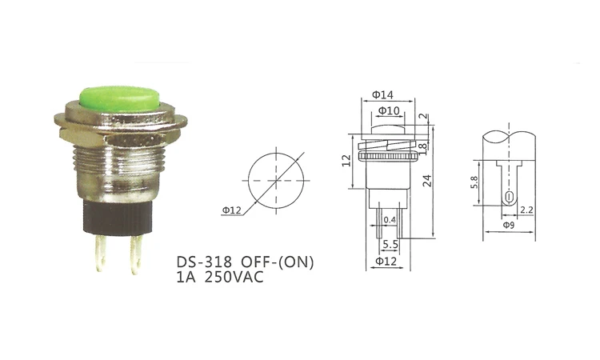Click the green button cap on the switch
[x=120, y=98]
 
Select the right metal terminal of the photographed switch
[x=136, y=254]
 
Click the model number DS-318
[x=204, y=262]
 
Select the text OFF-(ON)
[x=278, y=262]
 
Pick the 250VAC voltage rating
[x=234, y=277]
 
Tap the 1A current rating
[x=186, y=277]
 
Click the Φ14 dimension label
[x=382, y=94]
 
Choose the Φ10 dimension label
[x=389, y=111]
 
